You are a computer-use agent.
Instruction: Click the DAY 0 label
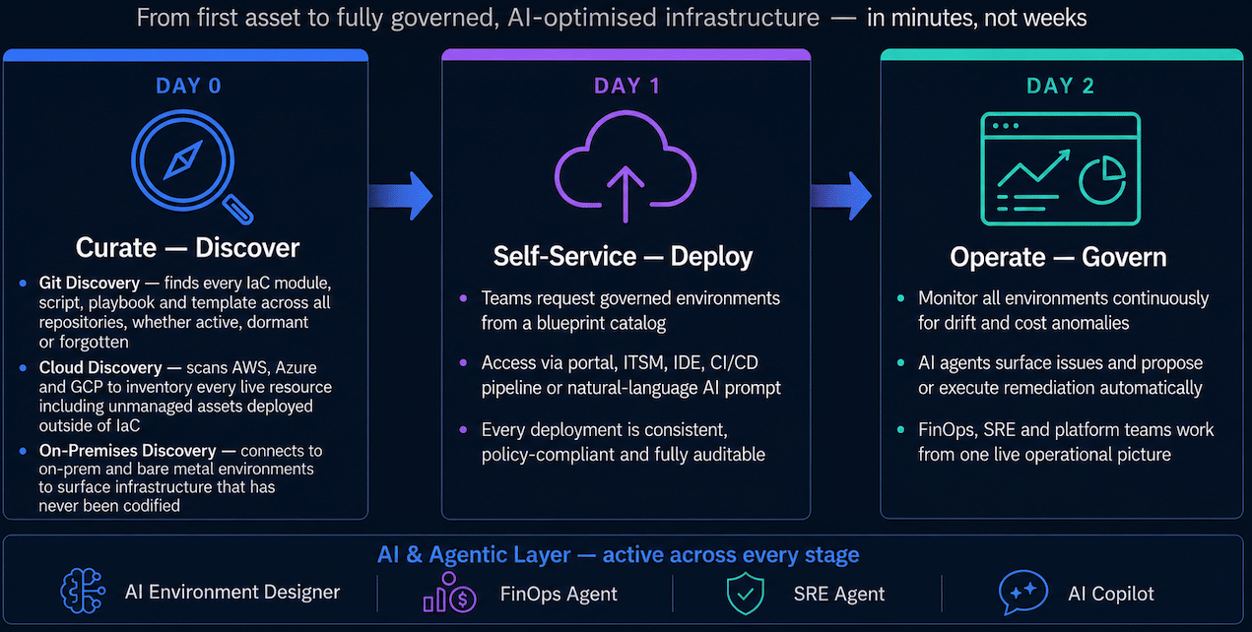(x=188, y=86)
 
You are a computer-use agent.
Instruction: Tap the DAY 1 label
(x=626, y=86)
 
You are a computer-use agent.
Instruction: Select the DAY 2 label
(x=1060, y=86)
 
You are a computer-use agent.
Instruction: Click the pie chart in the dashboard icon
(x=1102, y=180)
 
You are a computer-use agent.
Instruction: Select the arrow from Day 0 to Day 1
(x=401, y=196)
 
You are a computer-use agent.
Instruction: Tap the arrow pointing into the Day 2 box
(x=840, y=196)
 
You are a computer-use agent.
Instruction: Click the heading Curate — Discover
(x=188, y=247)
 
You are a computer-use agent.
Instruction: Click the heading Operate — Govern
(x=1058, y=257)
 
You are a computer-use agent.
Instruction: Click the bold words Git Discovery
(x=90, y=283)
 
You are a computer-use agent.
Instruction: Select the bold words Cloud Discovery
(x=100, y=367)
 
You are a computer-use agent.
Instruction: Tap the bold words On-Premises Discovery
(x=127, y=450)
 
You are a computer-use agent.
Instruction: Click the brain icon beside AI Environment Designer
(x=82, y=592)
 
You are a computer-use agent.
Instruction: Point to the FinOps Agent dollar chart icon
(x=449, y=593)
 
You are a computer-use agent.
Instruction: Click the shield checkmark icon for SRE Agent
(x=745, y=594)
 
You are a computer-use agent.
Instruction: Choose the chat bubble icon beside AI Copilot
(x=1022, y=592)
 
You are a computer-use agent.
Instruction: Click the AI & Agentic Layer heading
(x=619, y=554)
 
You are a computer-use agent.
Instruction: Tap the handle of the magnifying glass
(x=238, y=210)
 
